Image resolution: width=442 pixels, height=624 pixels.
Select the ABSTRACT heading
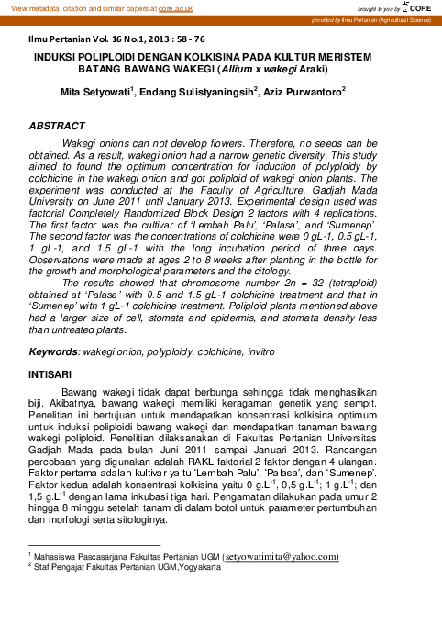click(x=57, y=125)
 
